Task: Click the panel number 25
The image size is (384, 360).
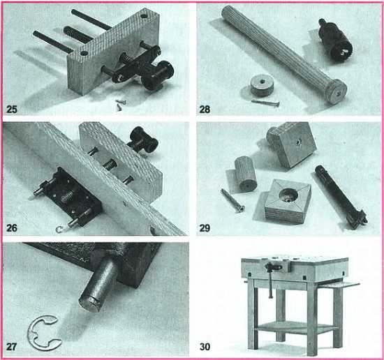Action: coord(12,109)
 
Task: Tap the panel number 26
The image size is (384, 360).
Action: coord(12,228)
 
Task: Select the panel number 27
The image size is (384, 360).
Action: coord(11,347)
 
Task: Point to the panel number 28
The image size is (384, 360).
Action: coord(205,109)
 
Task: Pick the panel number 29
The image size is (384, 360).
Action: coord(205,228)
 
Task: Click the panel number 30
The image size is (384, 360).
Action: coord(205,347)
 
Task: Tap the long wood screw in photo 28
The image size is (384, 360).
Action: coord(265,103)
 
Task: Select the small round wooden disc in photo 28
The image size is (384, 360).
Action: coord(262,85)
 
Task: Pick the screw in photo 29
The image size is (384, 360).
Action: coord(232,200)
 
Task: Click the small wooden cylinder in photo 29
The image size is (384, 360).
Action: coord(246,174)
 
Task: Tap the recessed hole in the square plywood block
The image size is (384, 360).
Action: coord(289,196)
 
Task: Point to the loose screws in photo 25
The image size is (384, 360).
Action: coord(120,105)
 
